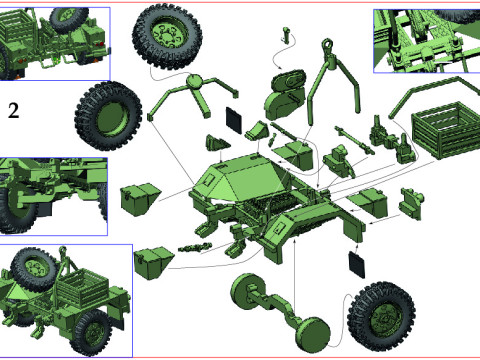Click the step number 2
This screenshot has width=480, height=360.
click(x=13, y=110)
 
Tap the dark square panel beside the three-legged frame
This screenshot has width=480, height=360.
click(x=235, y=116)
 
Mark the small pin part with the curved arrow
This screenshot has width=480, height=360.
click(x=288, y=38)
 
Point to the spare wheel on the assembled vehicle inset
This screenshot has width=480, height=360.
click(x=36, y=268)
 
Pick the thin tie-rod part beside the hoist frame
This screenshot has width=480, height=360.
click(x=354, y=134)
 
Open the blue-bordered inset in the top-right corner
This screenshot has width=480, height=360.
click(x=424, y=41)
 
